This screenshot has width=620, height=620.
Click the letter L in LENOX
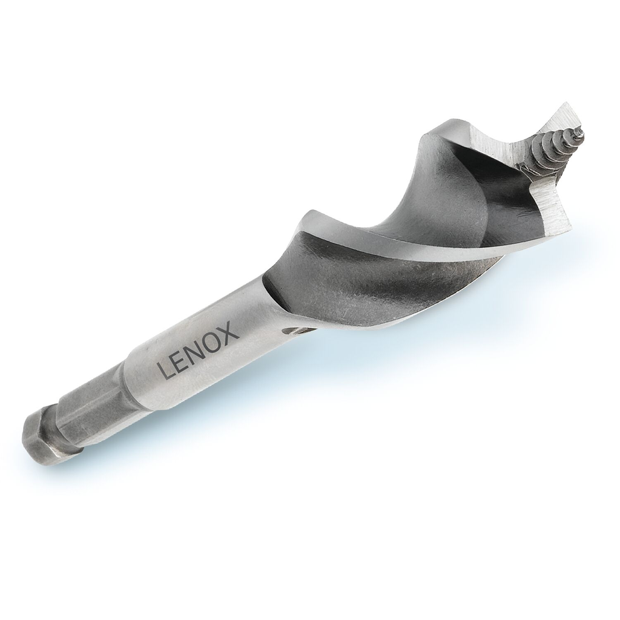(x=165, y=369)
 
